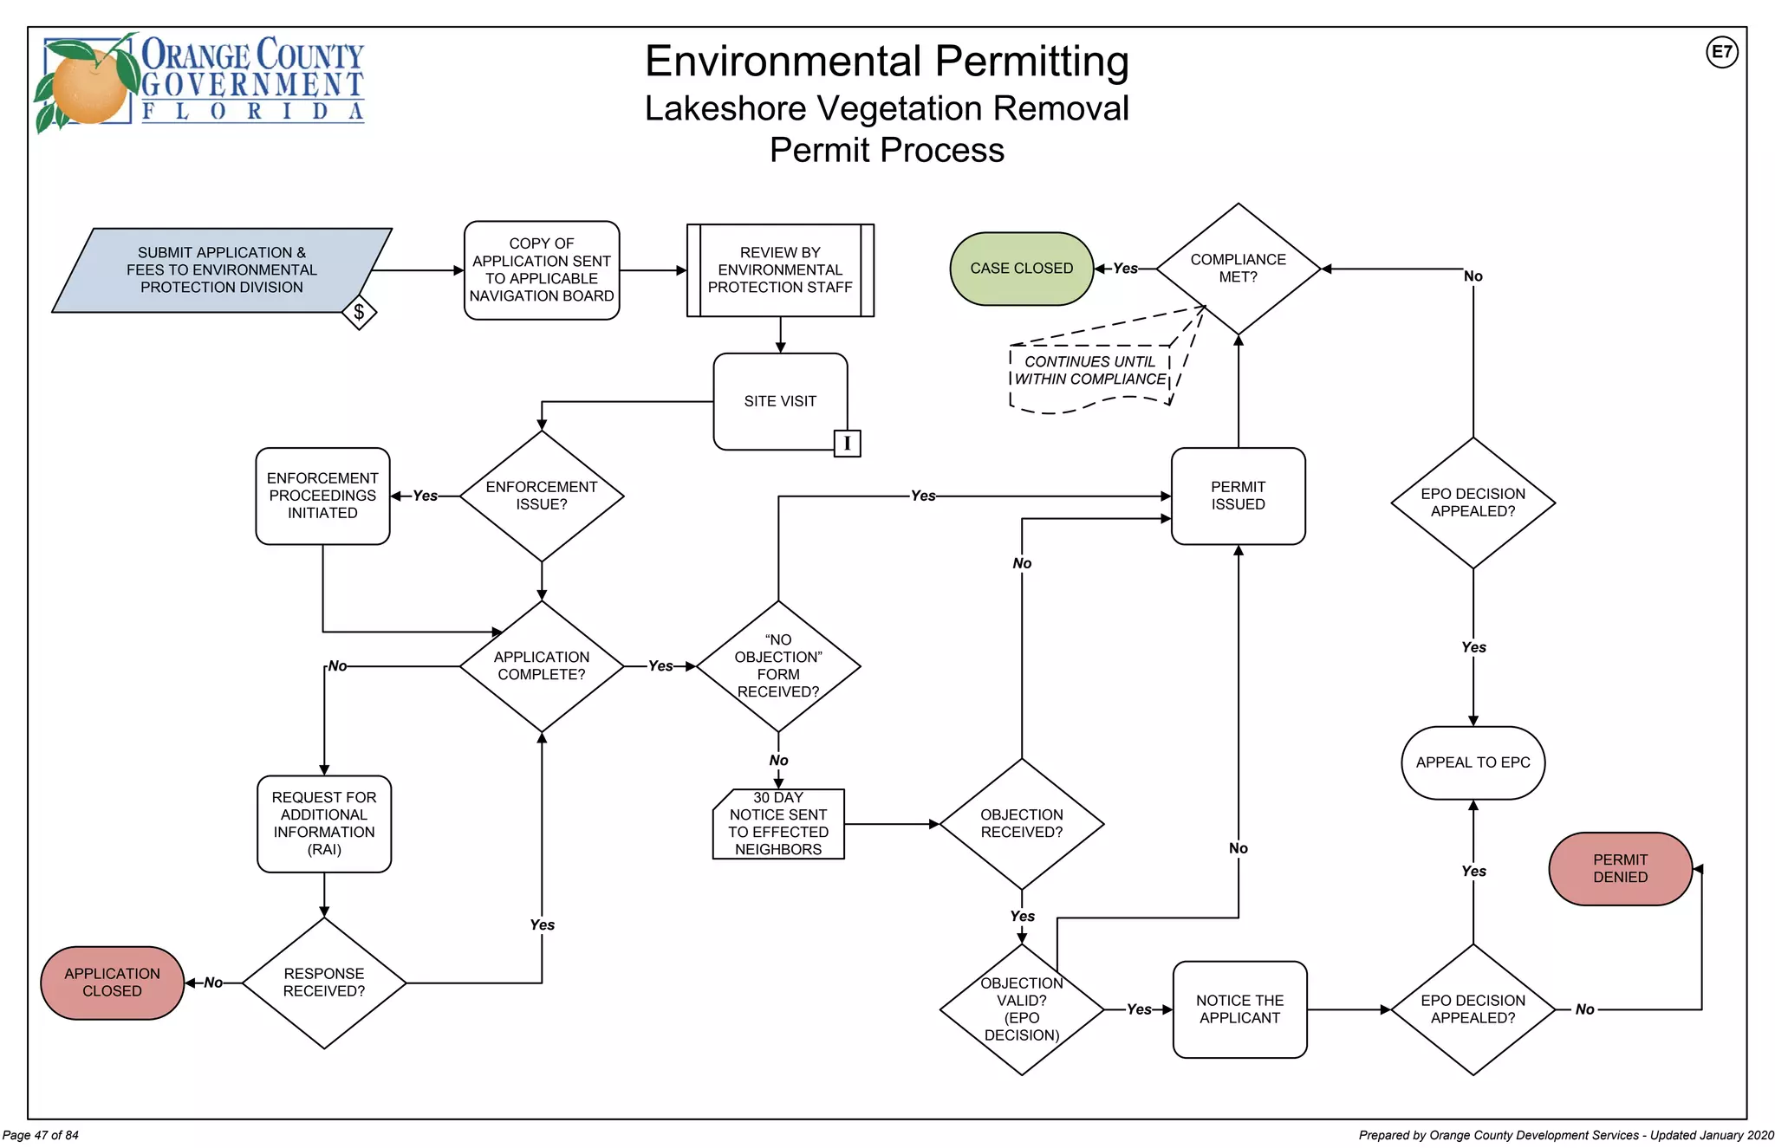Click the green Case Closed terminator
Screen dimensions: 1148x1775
point(1021,269)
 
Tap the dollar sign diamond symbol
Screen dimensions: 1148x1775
point(359,312)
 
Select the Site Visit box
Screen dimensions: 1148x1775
point(779,401)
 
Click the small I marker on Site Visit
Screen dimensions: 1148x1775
point(847,444)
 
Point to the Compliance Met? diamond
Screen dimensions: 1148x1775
point(1238,269)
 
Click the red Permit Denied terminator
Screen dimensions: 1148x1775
point(1619,868)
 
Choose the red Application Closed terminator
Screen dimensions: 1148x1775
point(112,983)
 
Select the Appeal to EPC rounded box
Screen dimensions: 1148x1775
point(1473,762)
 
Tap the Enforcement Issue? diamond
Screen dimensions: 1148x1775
point(541,496)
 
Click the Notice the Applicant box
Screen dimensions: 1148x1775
point(1239,1009)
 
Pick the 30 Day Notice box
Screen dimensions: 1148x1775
point(777,824)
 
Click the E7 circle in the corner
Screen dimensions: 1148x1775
point(1721,52)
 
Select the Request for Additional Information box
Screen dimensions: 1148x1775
point(324,823)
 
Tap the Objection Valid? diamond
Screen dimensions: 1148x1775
point(1021,1009)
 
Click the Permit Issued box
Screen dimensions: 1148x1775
point(1238,496)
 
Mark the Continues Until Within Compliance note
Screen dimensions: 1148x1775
point(1089,371)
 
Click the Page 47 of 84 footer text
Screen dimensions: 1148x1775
point(41,1135)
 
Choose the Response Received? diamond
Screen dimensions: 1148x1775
point(324,983)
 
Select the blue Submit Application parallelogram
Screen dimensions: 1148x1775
point(221,269)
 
